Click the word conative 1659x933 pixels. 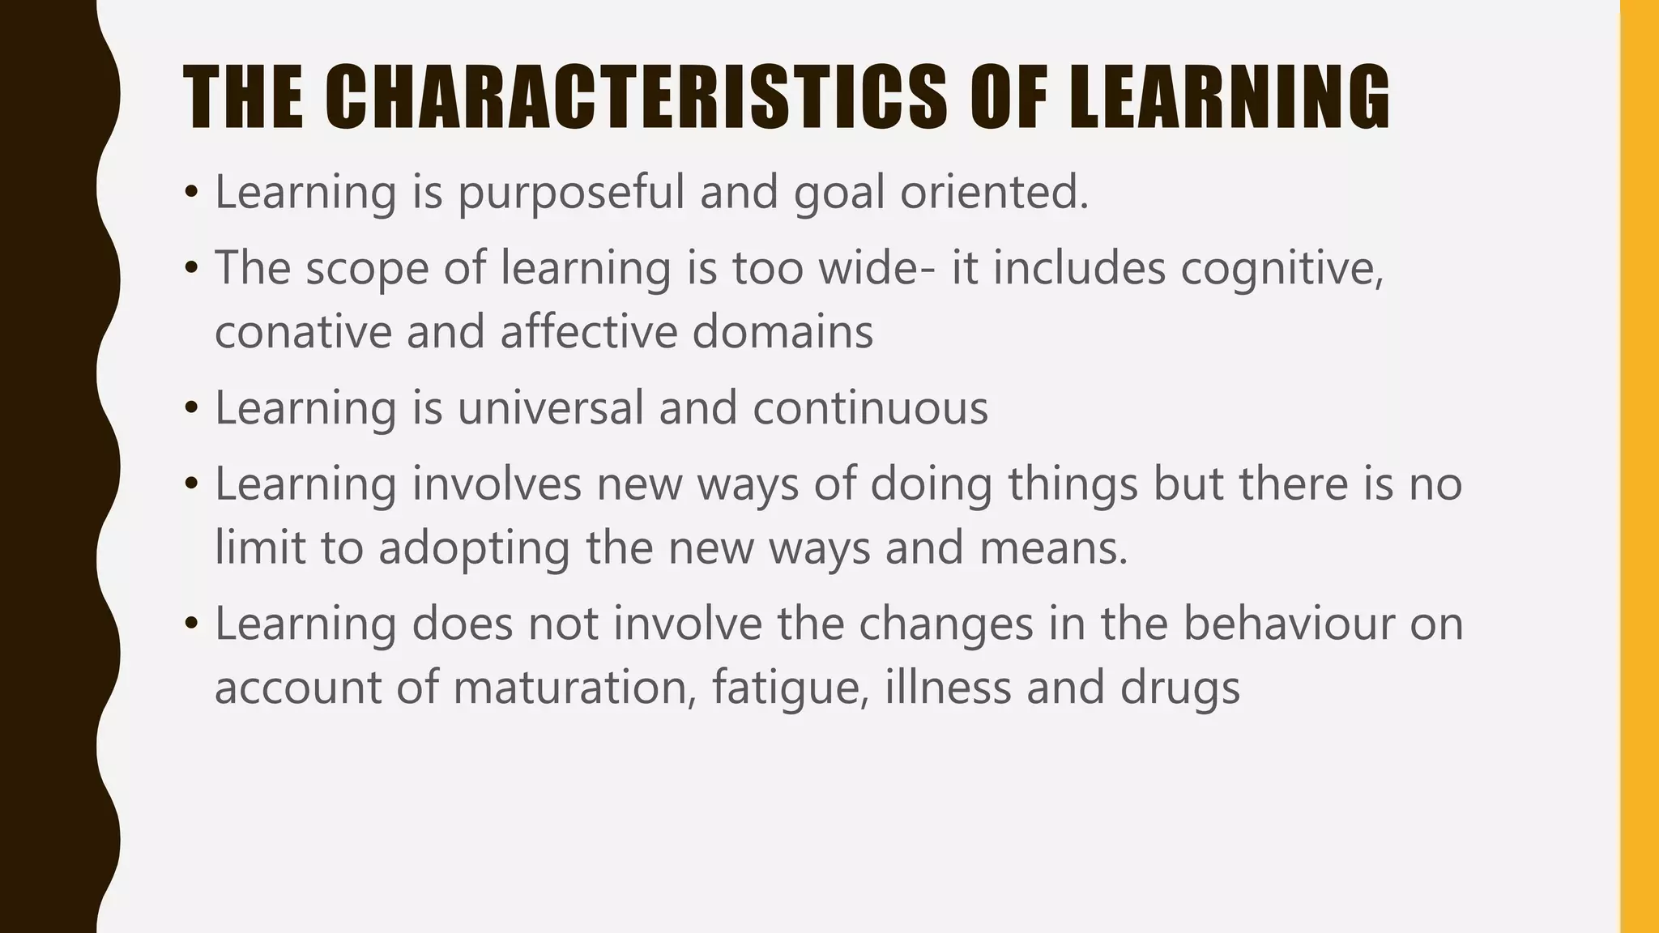click(x=303, y=332)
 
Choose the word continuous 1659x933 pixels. click(x=870, y=407)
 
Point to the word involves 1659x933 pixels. click(x=497, y=484)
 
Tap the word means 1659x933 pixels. click(x=1053, y=547)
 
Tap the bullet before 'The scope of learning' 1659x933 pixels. click(x=191, y=268)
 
